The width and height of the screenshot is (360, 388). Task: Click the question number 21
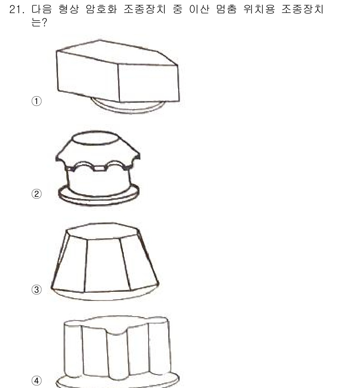17,10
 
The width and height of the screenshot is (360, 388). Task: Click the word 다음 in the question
42,10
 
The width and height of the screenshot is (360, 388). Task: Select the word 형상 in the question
68,10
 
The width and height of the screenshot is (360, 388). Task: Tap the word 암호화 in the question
101,10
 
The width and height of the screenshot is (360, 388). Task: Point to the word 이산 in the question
199,10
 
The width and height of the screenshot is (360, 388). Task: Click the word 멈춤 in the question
226,10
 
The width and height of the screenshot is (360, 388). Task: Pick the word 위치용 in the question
259,10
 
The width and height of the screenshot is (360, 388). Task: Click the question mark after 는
44,23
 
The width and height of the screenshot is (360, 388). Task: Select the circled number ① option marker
37,101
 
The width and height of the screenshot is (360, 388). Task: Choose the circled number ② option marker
37,194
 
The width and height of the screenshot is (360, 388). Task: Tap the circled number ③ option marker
37,290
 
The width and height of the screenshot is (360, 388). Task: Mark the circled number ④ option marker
37,381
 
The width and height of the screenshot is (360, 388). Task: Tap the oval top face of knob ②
96,138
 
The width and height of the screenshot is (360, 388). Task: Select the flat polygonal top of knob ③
102,231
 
